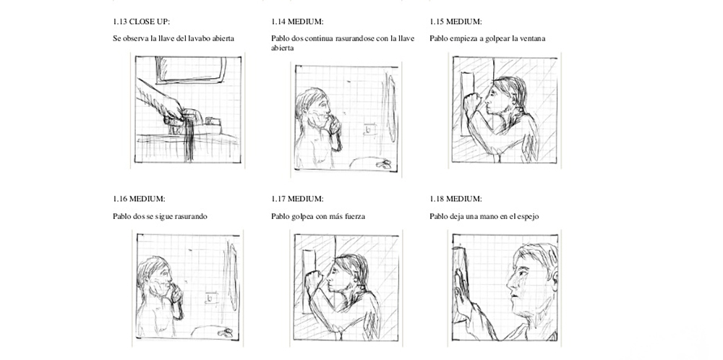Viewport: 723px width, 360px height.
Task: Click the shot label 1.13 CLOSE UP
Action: (145, 22)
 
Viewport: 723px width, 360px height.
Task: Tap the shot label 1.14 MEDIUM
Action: (297, 22)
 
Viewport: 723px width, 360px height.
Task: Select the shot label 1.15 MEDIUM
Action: (456, 22)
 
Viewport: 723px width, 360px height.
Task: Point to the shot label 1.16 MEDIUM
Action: (140, 199)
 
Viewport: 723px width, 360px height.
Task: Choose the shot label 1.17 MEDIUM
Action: (297, 199)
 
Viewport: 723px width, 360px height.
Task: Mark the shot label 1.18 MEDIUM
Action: (456, 199)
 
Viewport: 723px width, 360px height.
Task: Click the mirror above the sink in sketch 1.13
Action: (191, 71)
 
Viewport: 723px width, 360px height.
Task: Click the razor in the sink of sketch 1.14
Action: (383, 163)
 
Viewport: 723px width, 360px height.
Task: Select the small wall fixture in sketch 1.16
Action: (211, 299)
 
